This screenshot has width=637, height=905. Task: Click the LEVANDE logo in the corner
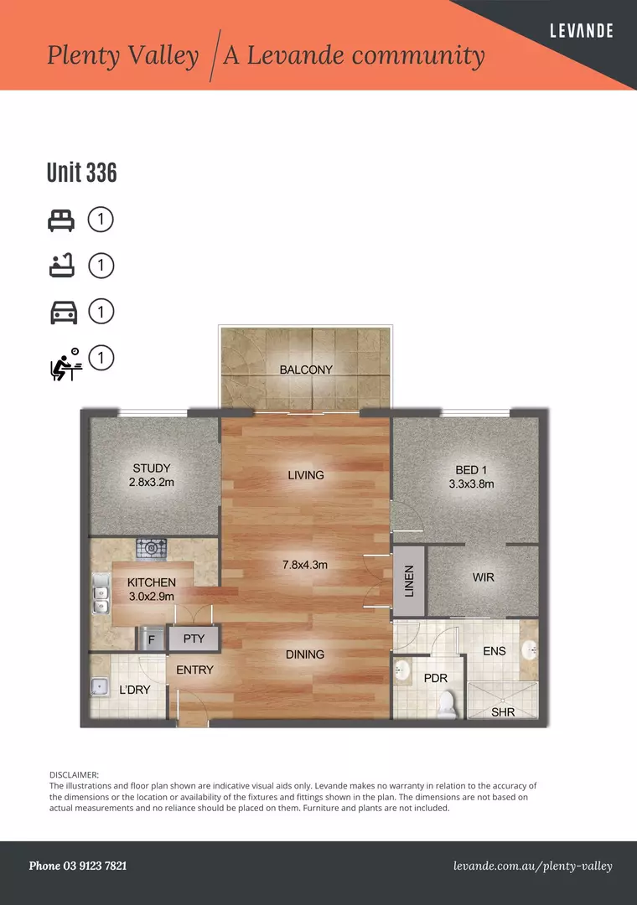[581, 31]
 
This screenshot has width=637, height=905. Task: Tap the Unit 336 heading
[81, 173]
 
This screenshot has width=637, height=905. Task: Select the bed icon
[61, 220]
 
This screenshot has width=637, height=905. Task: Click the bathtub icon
[61, 266]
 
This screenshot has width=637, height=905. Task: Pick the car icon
[64, 313]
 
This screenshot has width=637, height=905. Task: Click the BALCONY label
[306, 370]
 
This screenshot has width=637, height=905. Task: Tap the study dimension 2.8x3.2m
[152, 483]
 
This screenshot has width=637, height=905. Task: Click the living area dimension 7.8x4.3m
[305, 565]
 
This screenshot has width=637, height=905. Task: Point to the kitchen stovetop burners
[152, 549]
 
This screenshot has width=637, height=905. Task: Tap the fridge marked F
[151, 639]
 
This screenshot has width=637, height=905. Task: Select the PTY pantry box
[194, 639]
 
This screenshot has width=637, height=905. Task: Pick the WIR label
[484, 578]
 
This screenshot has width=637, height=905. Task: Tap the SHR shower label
[503, 712]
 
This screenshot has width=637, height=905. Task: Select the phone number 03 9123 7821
[78, 866]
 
